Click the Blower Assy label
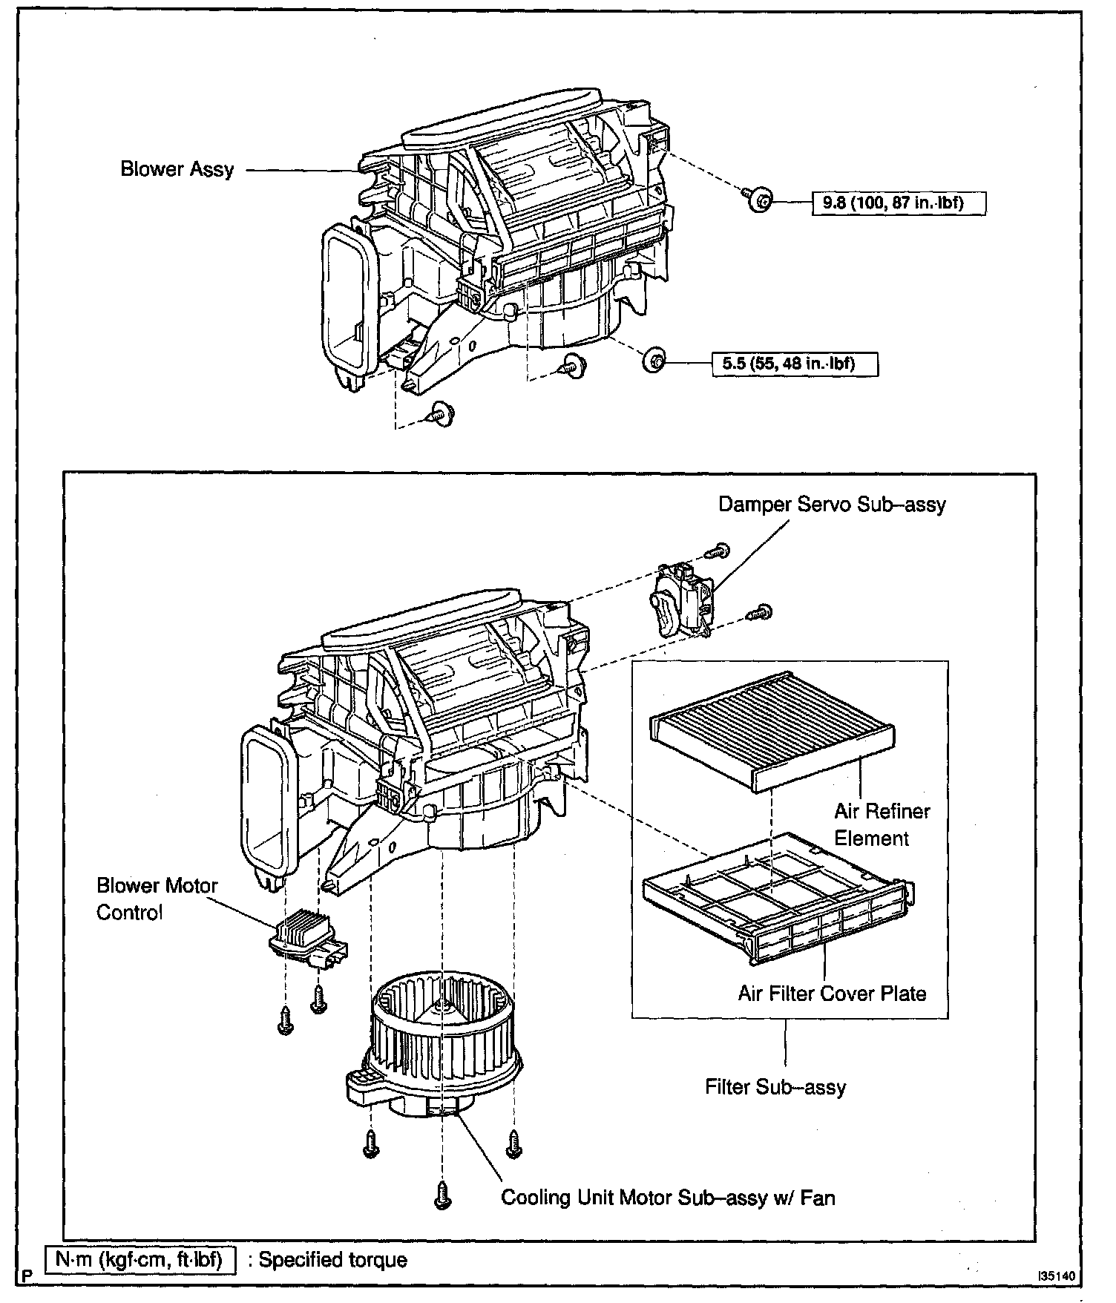(x=177, y=169)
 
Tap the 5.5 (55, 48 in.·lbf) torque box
(x=794, y=364)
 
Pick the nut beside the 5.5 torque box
(x=654, y=361)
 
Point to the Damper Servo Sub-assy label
(x=832, y=505)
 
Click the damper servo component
(x=681, y=600)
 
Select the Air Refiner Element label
(x=882, y=824)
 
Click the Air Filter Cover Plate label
(x=832, y=993)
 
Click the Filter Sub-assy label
(x=775, y=1087)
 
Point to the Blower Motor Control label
(x=157, y=899)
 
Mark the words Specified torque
(x=333, y=1260)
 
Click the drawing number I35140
(x=1057, y=1276)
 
